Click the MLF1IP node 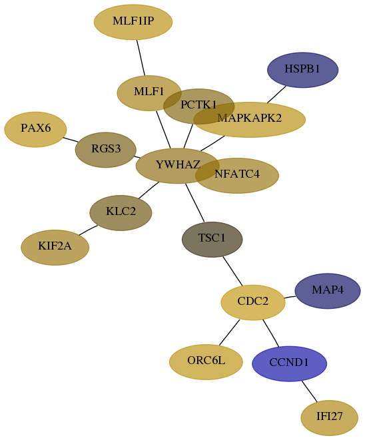[x=133, y=22]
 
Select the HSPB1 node [x=302, y=70]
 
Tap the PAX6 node [x=35, y=129]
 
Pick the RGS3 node [x=105, y=150]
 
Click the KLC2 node [x=121, y=213]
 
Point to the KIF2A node [x=55, y=248]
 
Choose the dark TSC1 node [x=212, y=240]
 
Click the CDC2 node [x=253, y=302]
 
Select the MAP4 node [x=328, y=291]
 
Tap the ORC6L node [x=206, y=362]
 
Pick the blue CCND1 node [x=290, y=363]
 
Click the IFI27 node [x=329, y=418]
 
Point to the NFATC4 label [x=237, y=174]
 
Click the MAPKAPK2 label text [x=249, y=118]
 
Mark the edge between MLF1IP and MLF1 [x=141, y=57]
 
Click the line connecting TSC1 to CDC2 [x=232, y=271]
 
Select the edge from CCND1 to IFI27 [x=309, y=391]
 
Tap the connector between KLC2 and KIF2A [x=88, y=230]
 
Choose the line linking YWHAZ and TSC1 [x=195, y=202]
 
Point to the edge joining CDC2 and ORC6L [x=229, y=332]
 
